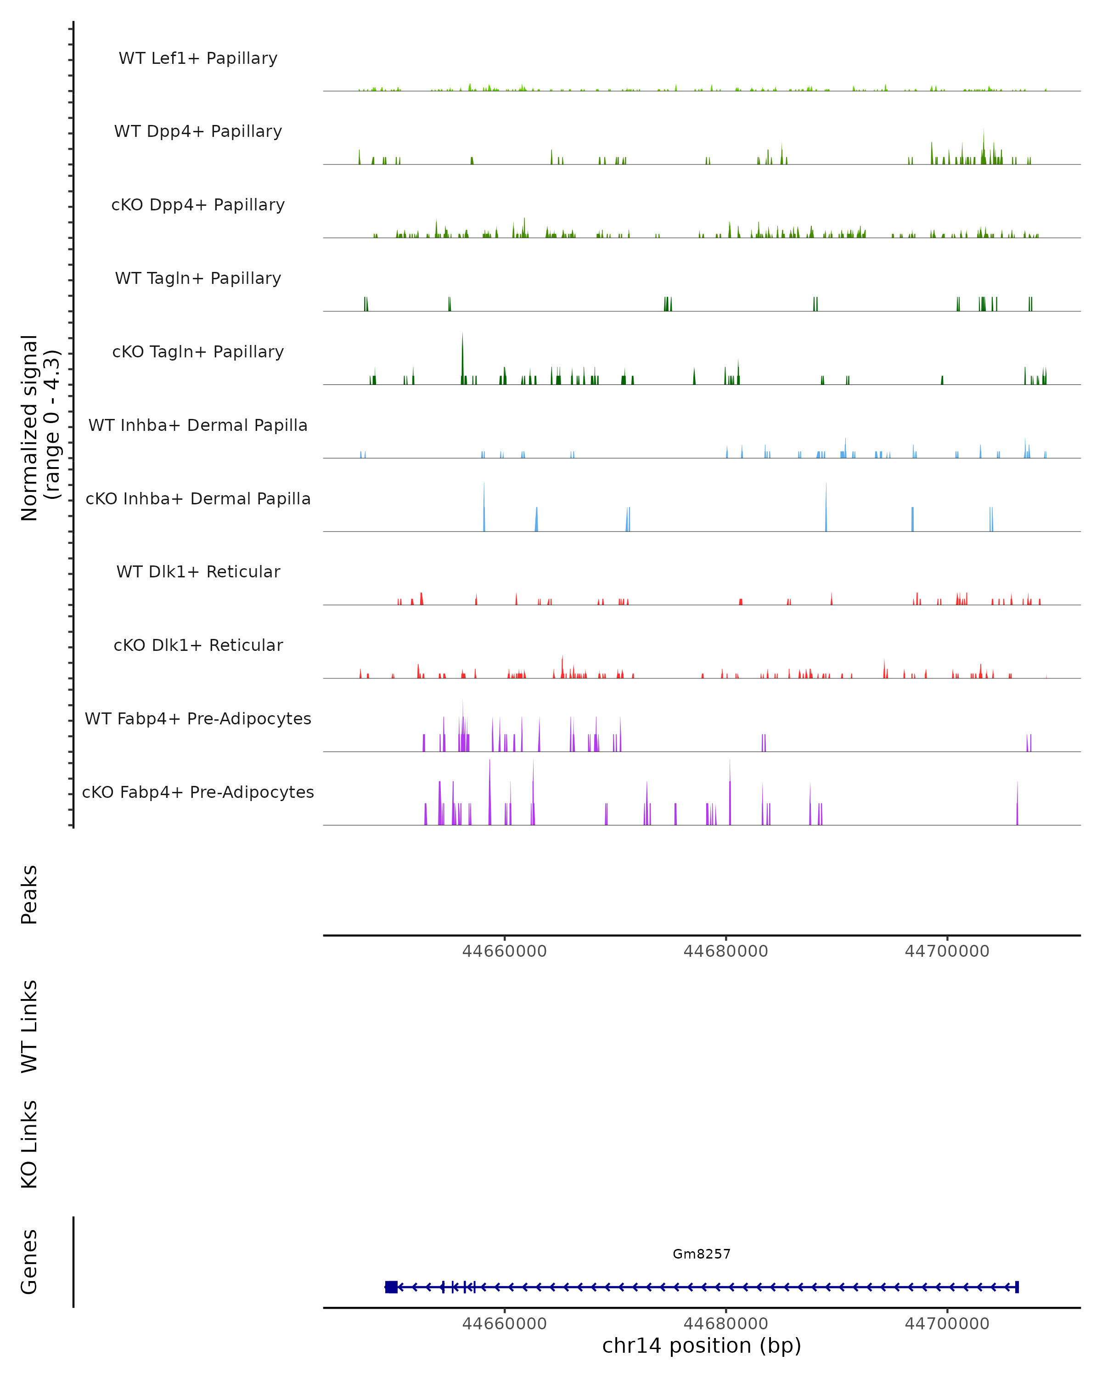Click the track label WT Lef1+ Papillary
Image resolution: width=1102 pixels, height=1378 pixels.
point(198,58)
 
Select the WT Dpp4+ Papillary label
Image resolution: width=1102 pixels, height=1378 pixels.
point(198,132)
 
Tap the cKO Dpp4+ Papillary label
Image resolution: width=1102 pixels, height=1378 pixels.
point(198,205)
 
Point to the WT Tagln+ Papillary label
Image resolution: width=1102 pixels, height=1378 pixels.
point(198,279)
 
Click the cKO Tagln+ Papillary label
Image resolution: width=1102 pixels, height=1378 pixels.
point(198,352)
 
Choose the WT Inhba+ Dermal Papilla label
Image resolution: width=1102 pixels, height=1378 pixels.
point(198,426)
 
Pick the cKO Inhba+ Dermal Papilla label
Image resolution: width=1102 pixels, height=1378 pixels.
point(198,499)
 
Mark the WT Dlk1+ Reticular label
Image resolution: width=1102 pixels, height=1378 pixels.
point(198,572)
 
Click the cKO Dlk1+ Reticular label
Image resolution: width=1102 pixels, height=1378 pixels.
point(198,645)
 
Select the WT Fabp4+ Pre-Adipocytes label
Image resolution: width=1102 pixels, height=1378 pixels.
point(198,719)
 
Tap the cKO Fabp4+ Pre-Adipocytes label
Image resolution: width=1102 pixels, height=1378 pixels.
point(198,792)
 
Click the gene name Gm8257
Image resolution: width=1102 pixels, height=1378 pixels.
point(702,1254)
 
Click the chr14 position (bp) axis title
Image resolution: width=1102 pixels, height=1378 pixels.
point(702,1346)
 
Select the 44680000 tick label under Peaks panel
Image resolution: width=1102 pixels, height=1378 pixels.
point(726,951)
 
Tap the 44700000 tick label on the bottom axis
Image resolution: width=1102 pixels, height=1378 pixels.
point(947,1324)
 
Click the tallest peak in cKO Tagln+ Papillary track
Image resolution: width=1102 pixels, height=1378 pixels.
point(462,336)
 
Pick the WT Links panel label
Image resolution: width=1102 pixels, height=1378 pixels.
point(29,1026)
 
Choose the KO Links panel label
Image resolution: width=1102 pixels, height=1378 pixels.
point(29,1144)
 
